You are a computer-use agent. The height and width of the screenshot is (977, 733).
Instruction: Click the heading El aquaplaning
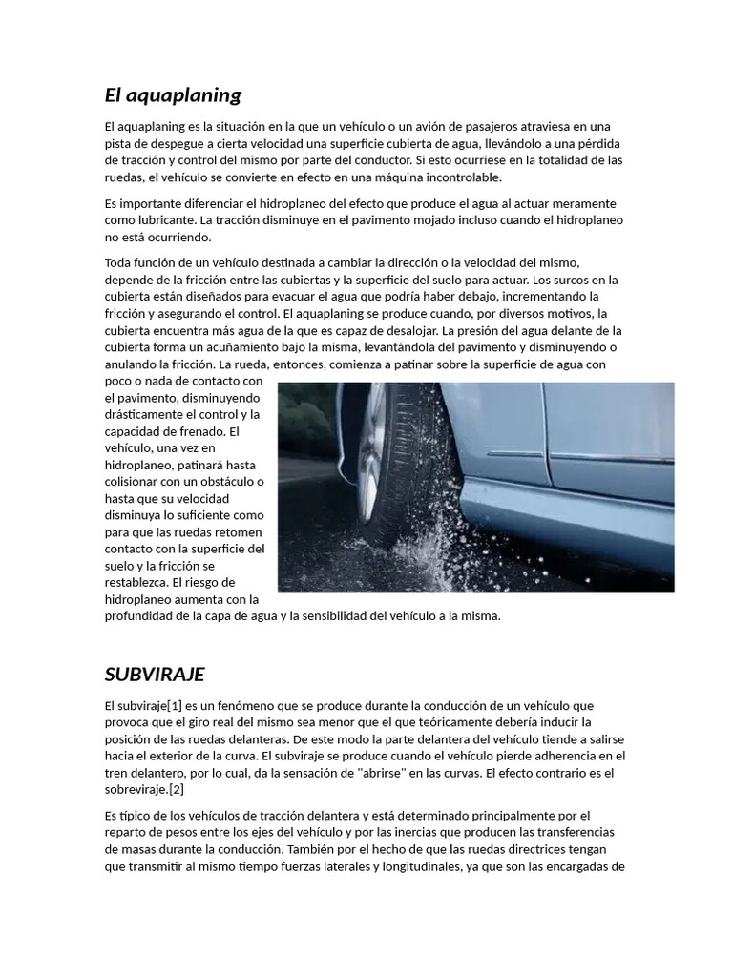(x=173, y=95)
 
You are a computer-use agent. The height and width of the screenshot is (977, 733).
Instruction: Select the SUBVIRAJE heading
(x=155, y=675)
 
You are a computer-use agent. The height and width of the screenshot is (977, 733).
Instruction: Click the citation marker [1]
(x=175, y=705)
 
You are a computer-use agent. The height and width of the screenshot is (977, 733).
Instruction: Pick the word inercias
(x=408, y=832)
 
